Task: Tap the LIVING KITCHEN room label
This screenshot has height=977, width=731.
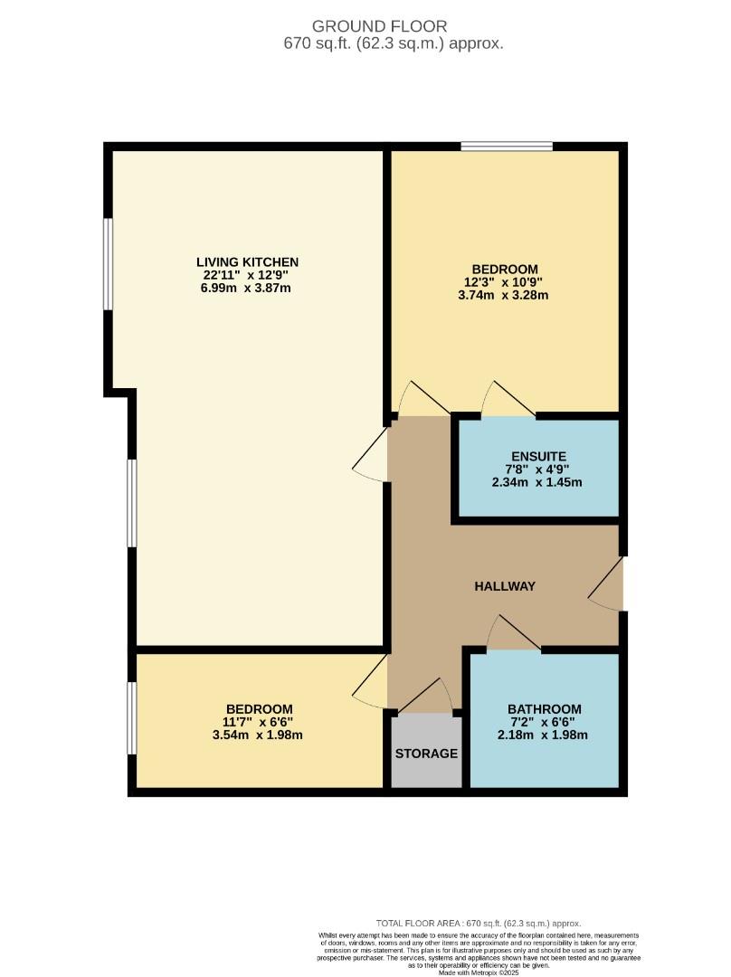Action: coord(247,262)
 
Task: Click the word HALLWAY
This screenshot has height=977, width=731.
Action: coord(505,586)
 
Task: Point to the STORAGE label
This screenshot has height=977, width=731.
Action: coord(426,754)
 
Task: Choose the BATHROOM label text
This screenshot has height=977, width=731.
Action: coord(544,709)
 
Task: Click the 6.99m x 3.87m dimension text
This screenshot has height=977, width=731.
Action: coord(247,288)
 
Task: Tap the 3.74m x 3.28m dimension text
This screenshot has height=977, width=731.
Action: coord(505,295)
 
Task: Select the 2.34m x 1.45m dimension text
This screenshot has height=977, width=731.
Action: coord(536,482)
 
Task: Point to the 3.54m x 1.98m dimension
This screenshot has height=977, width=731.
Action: coord(259,735)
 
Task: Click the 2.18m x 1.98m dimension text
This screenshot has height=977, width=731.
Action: coord(544,735)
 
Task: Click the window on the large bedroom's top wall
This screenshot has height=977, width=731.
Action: coord(507,146)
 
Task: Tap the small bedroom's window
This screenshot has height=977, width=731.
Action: coord(132,717)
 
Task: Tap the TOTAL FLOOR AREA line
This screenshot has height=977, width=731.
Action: coord(479,923)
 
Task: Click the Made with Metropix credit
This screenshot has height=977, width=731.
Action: coord(479,972)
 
